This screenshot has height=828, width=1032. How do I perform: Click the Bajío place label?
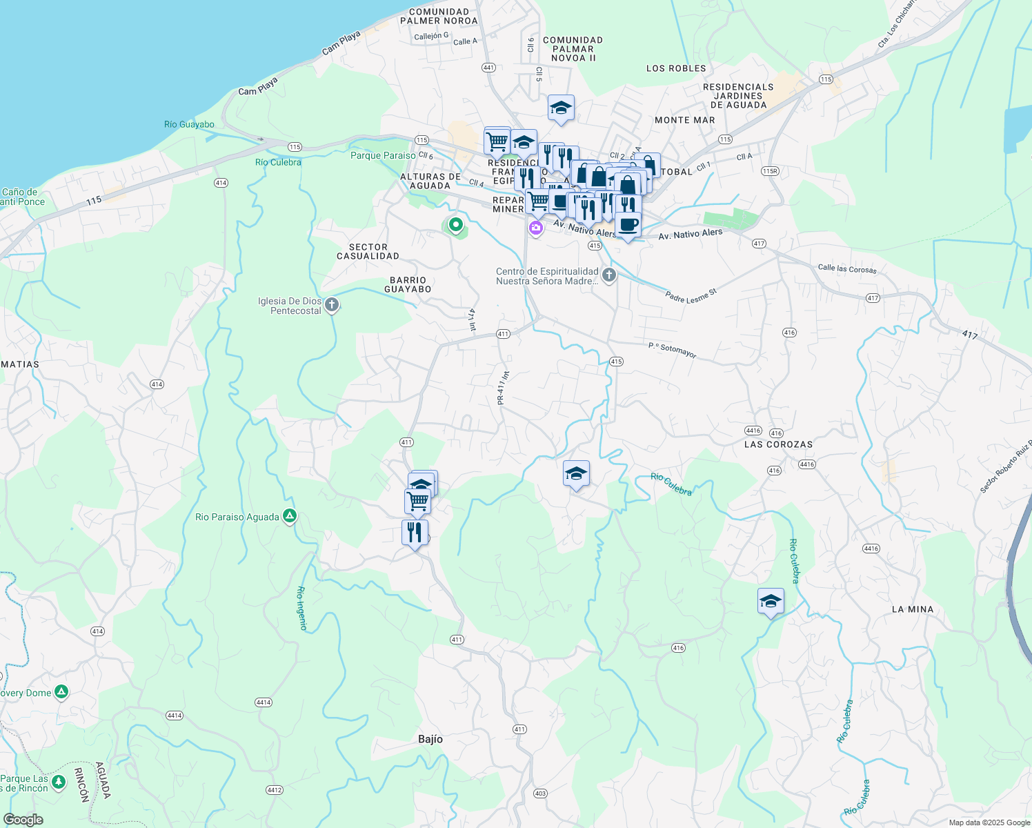[430, 739]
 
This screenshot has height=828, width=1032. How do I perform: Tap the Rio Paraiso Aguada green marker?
[290, 516]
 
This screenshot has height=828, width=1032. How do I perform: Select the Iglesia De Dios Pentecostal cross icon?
[332, 304]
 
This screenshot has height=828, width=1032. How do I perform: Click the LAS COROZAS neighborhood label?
[778, 444]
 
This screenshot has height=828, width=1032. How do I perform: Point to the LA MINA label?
[912, 609]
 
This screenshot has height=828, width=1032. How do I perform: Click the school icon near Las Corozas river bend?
[576, 473]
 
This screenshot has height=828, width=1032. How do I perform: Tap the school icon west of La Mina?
[771, 601]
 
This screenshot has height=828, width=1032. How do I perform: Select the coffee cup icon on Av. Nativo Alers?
[628, 225]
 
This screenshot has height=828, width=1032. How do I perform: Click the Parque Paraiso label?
[383, 155]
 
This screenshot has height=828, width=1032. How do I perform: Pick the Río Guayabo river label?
[189, 124]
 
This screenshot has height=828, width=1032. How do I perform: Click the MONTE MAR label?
[684, 120]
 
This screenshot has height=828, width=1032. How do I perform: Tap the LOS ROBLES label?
[676, 68]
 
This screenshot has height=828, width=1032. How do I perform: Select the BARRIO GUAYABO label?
[408, 284]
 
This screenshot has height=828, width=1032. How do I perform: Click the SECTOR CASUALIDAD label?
[368, 251]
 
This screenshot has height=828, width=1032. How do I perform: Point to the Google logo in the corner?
[23, 820]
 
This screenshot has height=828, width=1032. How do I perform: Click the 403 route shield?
[540, 793]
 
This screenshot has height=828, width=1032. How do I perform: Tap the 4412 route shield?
[275, 790]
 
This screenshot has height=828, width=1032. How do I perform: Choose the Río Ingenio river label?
[301, 608]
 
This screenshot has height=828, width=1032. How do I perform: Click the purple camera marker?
[535, 228]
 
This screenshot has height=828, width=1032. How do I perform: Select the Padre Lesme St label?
[691, 295]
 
